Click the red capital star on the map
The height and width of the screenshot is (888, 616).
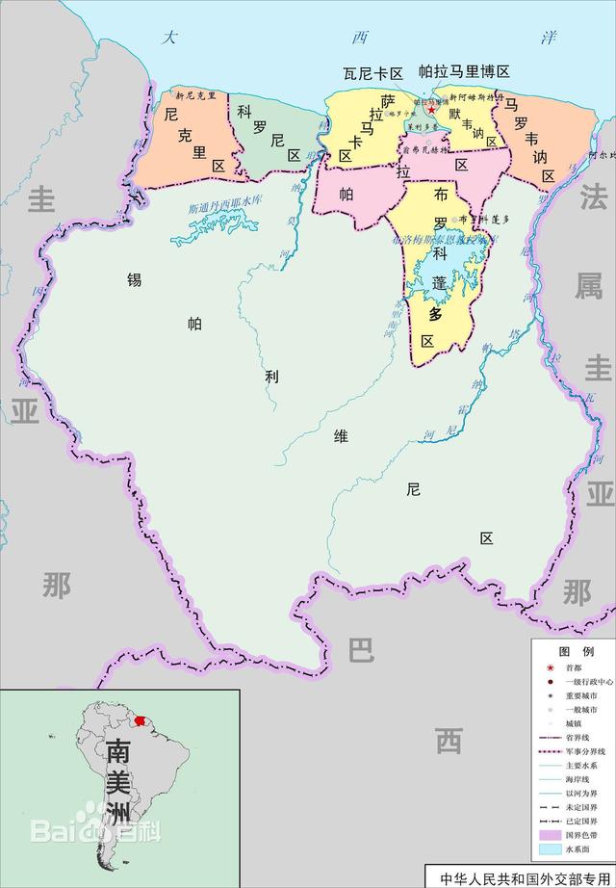pyautogui.click(x=432, y=110)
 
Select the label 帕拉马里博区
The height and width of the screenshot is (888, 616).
pyautogui.click(x=464, y=72)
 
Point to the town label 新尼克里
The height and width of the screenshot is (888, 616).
pyautogui.click(x=195, y=95)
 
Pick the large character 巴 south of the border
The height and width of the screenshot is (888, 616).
pyautogui.click(x=360, y=651)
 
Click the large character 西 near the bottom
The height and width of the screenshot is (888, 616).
pyautogui.click(x=448, y=741)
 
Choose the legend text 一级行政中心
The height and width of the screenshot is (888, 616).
pyautogui.click(x=587, y=681)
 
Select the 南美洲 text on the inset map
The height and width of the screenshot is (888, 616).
pyautogui.click(x=118, y=779)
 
